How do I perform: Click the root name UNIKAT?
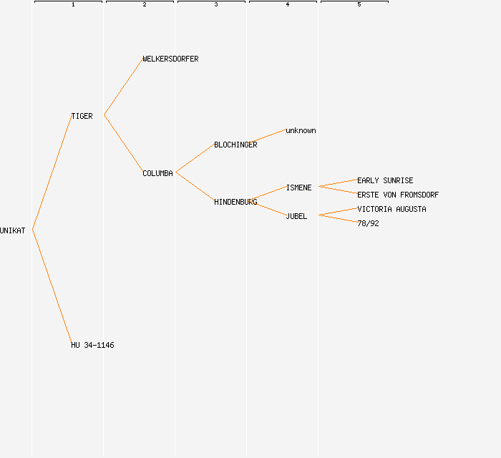(x=13, y=230)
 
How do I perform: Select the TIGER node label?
(x=82, y=116)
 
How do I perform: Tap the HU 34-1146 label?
(x=92, y=345)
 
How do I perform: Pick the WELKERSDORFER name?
(x=170, y=59)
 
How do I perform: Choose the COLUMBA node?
(x=157, y=173)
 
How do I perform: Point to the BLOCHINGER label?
(x=235, y=145)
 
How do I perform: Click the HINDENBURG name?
(x=235, y=202)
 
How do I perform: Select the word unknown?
(x=301, y=130)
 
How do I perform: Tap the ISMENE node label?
(x=298, y=187)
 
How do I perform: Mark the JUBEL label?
(x=296, y=216)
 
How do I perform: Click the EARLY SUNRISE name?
(x=385, y=180)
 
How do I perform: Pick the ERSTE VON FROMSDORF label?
(x=398, y=195)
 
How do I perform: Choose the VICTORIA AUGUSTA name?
(x=391, y=209)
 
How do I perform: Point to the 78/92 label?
(x=368, y=223)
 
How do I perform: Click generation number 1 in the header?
(x=73, y=5)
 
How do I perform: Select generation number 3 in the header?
(x=216, y=5)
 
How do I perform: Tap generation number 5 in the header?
(x=359, y=5)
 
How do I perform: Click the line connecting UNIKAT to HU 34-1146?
(x=52, y=286)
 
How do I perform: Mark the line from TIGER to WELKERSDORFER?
(x=123, y=87)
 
